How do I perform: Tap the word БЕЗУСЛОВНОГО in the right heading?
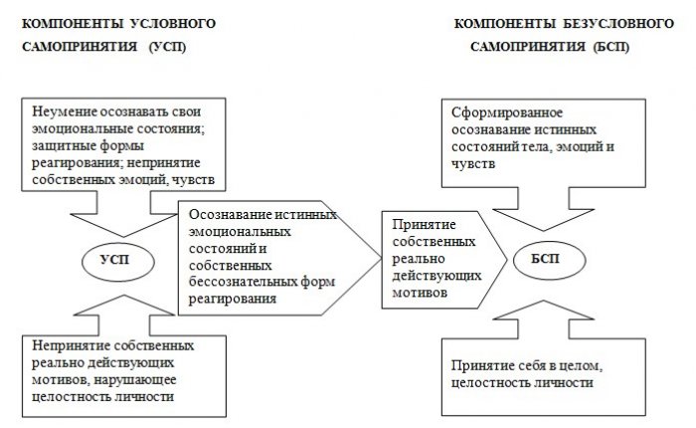[x=619, y=24]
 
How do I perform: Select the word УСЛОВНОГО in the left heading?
[x=173, y=24]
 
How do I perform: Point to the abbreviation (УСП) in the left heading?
[x=167, y=47]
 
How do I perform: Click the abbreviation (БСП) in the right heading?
[x=611, y=47]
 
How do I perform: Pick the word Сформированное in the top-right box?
[x=507, y=112]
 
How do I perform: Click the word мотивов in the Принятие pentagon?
[x=420, y=293]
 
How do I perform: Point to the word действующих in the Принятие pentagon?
[x=436, y=276]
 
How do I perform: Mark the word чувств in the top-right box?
[x=473, y=164]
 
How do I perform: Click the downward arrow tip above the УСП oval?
[x=123, y=236]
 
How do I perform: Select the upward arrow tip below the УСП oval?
[x=124, y=295]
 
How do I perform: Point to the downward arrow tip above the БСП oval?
[x=543, y=230]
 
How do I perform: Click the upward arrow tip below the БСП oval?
[x=544, y=301]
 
